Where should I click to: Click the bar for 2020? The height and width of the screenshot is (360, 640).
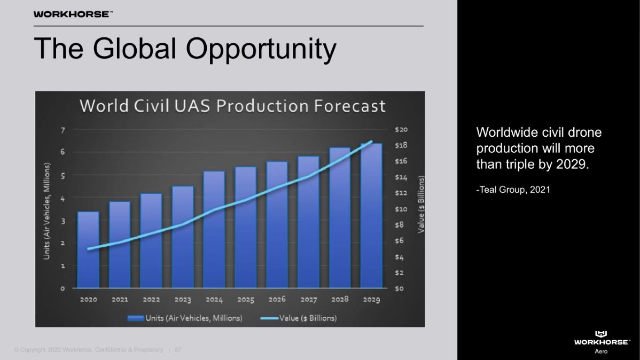tap(88, 249)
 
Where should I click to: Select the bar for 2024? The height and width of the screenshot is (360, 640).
tap(214, 230)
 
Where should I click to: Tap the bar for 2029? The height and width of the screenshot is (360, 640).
tap(371, 216)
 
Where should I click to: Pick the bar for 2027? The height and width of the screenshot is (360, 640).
tap(308, 222)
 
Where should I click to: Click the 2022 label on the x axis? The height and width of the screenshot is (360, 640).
tap(151, 300)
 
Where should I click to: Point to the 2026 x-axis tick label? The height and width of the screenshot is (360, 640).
tap(277, 300)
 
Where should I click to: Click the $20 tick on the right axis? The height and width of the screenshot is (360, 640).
tap(401, 130)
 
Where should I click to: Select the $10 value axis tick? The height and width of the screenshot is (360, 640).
tap(401, 209)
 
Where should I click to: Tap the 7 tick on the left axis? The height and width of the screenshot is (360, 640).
tap(63, 130)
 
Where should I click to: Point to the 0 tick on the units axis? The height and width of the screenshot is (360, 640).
tap(63, 288)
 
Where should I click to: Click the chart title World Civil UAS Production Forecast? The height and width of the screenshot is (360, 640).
tap(232, 106)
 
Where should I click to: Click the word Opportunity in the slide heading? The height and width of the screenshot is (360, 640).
tap(261, 49)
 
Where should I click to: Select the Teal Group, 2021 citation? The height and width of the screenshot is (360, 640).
tap(513, 190)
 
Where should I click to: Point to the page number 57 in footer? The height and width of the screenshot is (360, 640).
tap(178, 350)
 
